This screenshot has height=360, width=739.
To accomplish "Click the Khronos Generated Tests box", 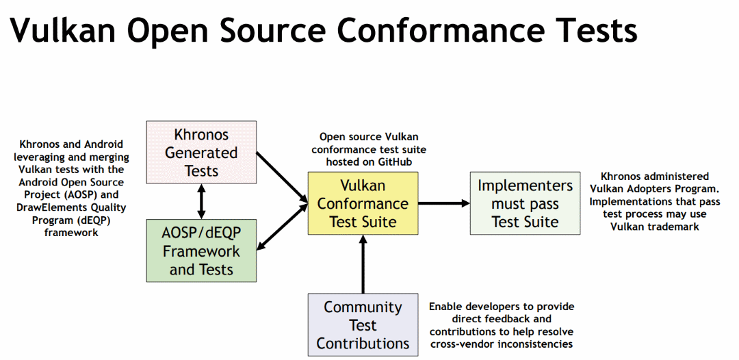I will click(x=201, y=153).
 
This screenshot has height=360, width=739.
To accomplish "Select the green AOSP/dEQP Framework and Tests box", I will click(x=201, y=250).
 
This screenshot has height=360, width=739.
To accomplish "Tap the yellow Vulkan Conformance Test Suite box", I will click(x=363, y=203).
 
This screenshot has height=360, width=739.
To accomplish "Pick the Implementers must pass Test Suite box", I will click(x=525, y=203).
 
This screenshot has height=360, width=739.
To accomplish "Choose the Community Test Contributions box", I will click(x=363, y=325).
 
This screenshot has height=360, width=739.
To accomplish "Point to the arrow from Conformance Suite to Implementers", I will click(x=444, y=203).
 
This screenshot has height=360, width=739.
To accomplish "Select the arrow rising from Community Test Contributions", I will click(x=363, y=264).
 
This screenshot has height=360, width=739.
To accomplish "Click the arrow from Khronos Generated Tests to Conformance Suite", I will click(x=282, y=177).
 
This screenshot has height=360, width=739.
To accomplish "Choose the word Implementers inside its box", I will click(x=525, y=185).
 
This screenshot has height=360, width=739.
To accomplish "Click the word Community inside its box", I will click(x=363, y=307).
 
